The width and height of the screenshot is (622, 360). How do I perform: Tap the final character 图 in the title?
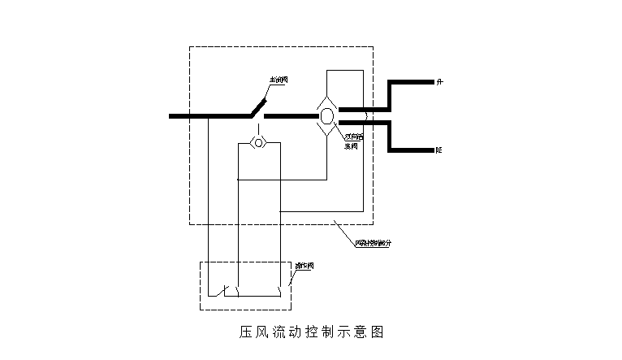(376, 332)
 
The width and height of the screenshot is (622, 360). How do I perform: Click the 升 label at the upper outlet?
(439, 82)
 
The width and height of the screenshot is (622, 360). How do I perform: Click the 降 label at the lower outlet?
(439, 150)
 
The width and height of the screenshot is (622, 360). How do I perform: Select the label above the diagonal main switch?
(279, 80)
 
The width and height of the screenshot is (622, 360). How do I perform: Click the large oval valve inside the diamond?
(326, 116)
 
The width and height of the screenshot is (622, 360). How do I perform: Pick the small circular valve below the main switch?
(259, 144)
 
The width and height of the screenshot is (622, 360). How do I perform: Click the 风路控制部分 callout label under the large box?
(373, 242)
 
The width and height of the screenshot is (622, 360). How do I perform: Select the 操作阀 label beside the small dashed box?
(305, 266)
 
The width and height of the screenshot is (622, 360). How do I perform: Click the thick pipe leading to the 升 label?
(410, 82)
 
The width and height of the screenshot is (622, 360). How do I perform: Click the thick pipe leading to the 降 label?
(410, 150)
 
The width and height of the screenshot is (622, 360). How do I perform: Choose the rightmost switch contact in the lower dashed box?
(280, 289)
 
